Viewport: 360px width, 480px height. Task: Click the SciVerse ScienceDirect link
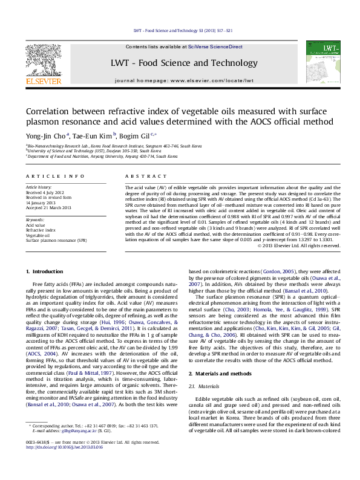pos(215,47)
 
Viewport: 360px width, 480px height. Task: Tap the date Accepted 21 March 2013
pos(48,207)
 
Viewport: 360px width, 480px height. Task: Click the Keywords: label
pos(35,220)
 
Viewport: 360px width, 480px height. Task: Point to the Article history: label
pos(39,188)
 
